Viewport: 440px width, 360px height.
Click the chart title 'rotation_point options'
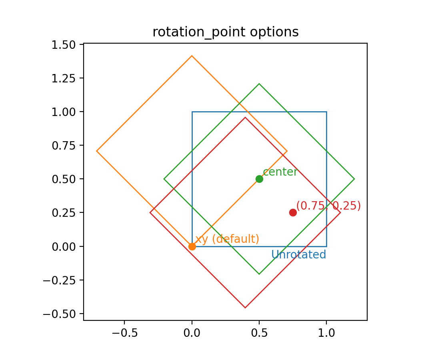[225, 32]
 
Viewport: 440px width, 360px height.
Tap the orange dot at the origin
[192, 246]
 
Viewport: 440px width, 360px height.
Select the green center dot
[259, 179]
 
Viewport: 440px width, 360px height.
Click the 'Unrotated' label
[298, 255]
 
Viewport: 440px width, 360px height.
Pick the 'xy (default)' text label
[227, 239]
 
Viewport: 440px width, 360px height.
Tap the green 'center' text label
[280, 172]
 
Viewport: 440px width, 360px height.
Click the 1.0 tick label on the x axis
[326, 333]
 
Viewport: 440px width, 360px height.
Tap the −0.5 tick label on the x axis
[124, 333]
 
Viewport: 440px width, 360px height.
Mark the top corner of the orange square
[192, 56]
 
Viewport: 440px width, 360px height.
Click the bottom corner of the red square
[245, 308]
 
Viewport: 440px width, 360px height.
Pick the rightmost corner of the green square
[354, 179]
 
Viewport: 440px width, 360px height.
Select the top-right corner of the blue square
[326, 112]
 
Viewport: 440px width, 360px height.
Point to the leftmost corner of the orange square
[97, 151]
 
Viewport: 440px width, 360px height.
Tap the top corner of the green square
[259, 84]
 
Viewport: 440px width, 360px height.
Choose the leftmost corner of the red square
[150, 212]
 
